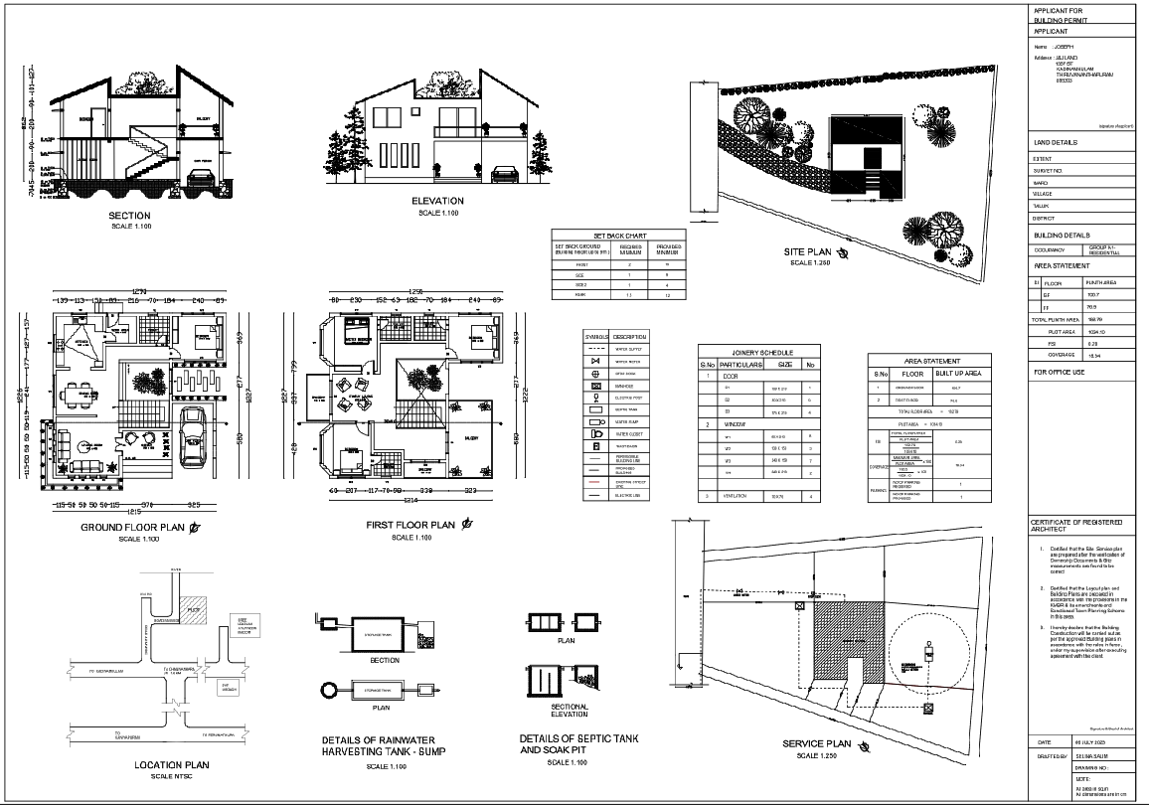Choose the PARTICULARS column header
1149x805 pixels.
[x=739, y=365]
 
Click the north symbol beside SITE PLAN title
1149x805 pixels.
[x=843, y=253]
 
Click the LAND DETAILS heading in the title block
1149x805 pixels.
[x=1057, y=143]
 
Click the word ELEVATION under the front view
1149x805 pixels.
[x=437, y=201]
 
